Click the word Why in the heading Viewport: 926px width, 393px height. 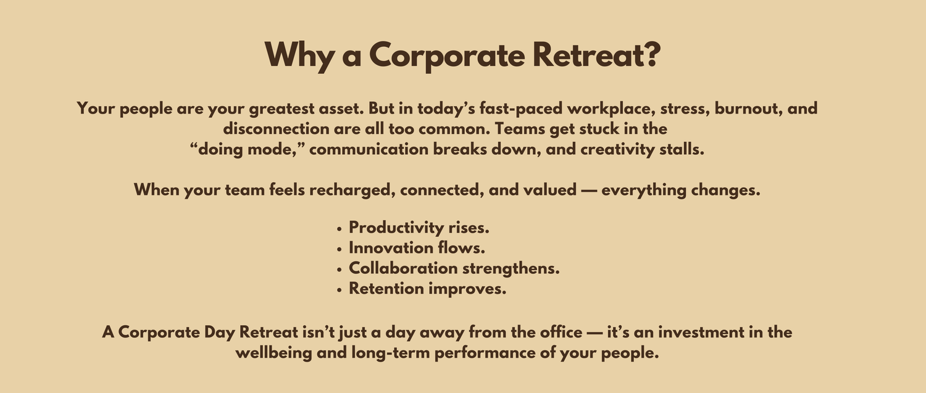[x=299, y=56]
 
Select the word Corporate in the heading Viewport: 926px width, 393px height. [x=447, y=56]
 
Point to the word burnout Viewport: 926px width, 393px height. [x=748, y=109]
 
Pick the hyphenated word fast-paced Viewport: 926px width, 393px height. [x=521, y=109]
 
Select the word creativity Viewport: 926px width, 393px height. [x=617, y=149]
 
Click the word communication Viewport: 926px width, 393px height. [x=369, y=149]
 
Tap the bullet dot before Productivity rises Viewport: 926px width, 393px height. [x=340, y=228]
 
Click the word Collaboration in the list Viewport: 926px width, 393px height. [x=403, y=268]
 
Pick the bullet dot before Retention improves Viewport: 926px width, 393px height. [x=340, y=290]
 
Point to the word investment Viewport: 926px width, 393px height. [x=701, y=333]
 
